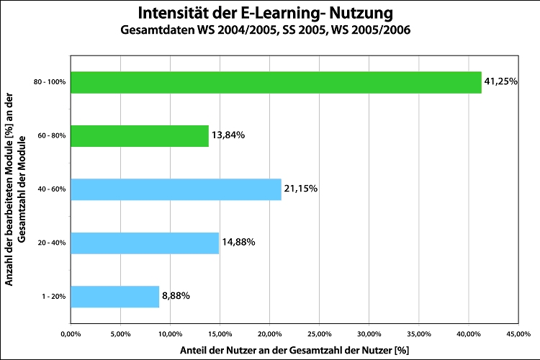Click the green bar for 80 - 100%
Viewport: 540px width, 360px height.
click(x=276, y=82)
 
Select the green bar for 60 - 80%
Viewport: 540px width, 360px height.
click(x=140, y=135)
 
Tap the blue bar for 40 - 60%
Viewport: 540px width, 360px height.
click(x=176, y=189)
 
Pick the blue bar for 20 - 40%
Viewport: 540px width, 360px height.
click(x=145, y=243)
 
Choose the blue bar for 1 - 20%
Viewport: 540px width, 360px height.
click(x=114, y=297)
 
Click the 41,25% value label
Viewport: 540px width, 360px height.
click(x=501, y=82)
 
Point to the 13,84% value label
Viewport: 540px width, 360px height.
click(x=228, y=135)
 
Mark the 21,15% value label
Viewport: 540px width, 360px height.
click(x=300, y=189)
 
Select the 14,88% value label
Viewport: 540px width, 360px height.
click(x=238, y=243)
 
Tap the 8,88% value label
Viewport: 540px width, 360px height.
click(x=176, y=297)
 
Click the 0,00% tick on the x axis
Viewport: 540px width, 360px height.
click(x=70, y=333)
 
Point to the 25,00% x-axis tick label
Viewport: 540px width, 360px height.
click(x=319, y=333)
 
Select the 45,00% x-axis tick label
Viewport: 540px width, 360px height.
click(x=518, y=333)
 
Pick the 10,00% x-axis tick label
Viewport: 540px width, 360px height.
click(x=169, y=333)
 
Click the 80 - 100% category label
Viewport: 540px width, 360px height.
click(x=50, y=82)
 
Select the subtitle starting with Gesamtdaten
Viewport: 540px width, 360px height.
click(x=264, y=31)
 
